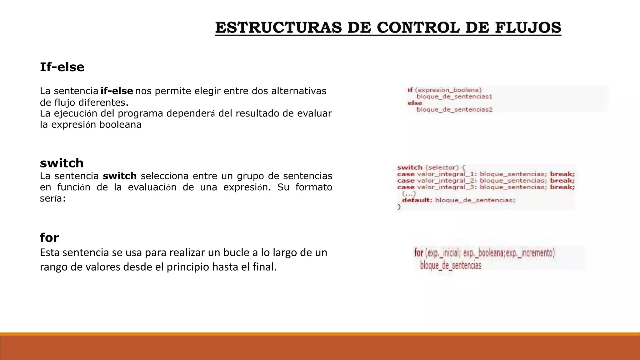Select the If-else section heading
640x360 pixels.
tap(62, 67)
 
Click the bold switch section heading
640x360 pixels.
tap(62, 163)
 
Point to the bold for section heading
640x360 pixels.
tap(49, 238)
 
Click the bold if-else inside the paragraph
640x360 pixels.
tap(117, 91)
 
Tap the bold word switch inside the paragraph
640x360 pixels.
tap(120, 176)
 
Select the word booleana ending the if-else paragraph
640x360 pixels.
tap(120, 124)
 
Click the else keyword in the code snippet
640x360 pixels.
tap(415, 103)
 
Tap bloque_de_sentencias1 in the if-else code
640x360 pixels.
tap(454, 97)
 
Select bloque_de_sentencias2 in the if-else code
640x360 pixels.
tap(454, 109)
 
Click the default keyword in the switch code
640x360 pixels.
tap(416, 200)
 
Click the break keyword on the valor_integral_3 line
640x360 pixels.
tap(562, 187)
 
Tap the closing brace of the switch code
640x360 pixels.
tap(399, 207)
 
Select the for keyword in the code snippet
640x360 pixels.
tap(418, 252)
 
